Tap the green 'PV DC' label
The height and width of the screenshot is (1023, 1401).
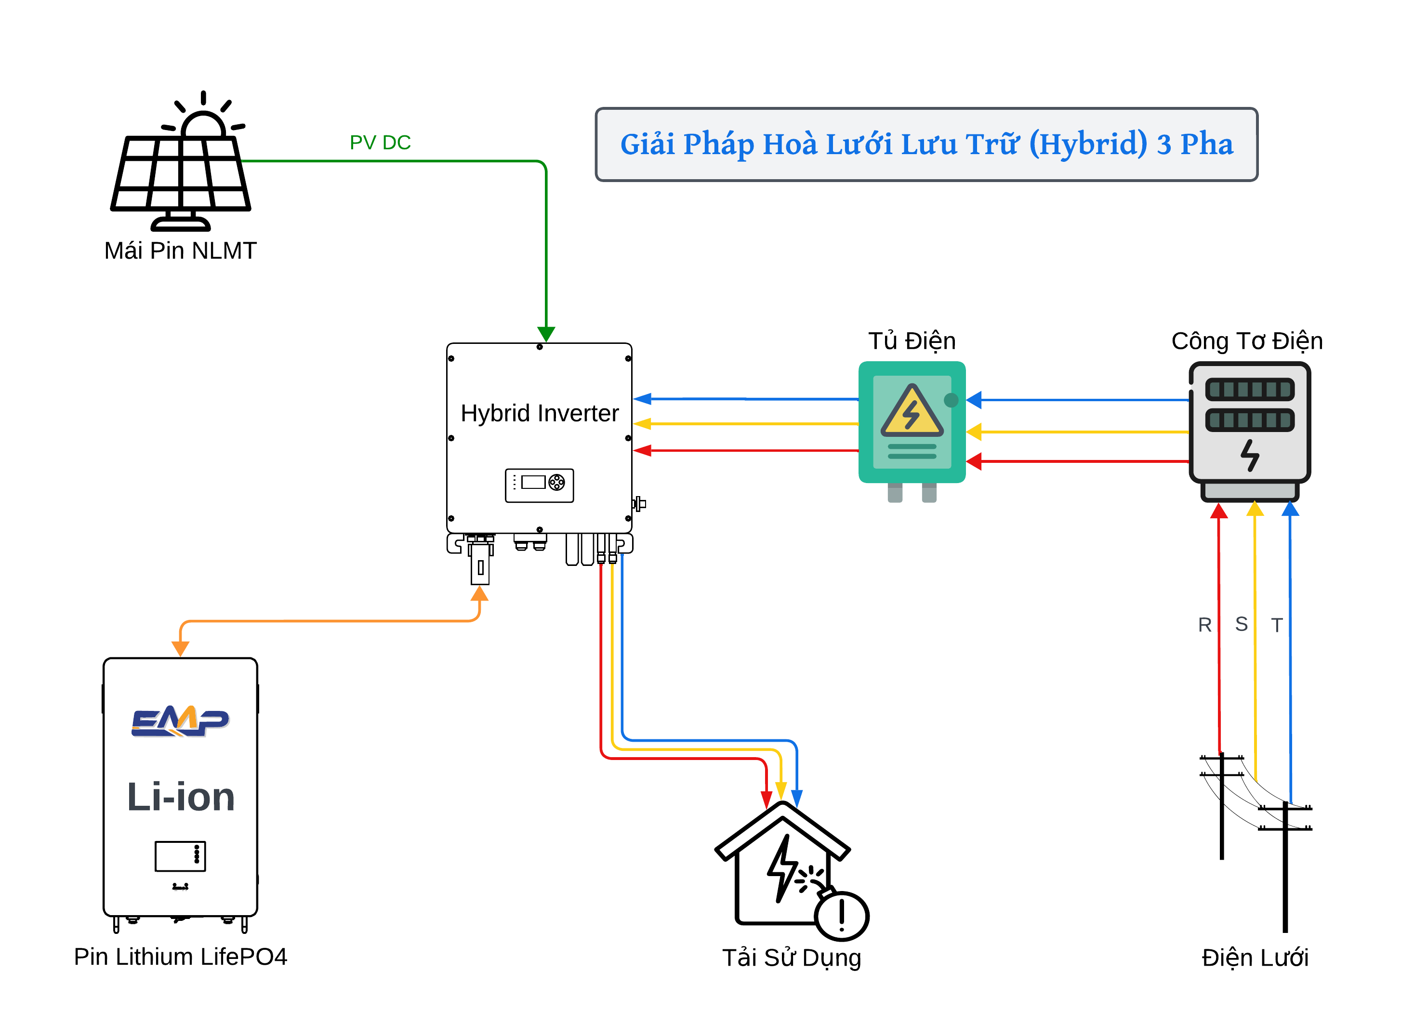coord(380,143)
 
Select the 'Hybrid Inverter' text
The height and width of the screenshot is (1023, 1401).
coord(540,413)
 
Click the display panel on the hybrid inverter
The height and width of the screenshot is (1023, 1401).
coord(540,485)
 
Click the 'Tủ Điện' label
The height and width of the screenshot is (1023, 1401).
coord(912,341)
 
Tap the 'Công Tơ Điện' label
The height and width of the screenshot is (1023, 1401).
coord(1247,341)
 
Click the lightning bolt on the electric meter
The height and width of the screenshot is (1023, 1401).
coord(1250,456)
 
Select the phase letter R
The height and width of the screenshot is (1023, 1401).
coord(1204,625)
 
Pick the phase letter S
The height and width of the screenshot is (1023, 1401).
coord(1241,624)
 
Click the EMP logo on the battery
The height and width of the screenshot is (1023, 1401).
coord(180,721)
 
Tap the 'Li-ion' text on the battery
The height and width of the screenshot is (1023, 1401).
coord(181,797)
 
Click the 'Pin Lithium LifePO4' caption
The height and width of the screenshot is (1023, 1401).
coord(180,957)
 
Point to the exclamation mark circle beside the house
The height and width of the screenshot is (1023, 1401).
coord(842,917)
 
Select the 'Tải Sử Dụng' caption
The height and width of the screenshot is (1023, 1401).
coord(792,958)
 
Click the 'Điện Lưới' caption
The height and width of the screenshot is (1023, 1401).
coord(1255,957)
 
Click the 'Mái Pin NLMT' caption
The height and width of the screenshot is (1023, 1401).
coord(180,251)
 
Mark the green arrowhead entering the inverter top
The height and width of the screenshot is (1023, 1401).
coord(546,334)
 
